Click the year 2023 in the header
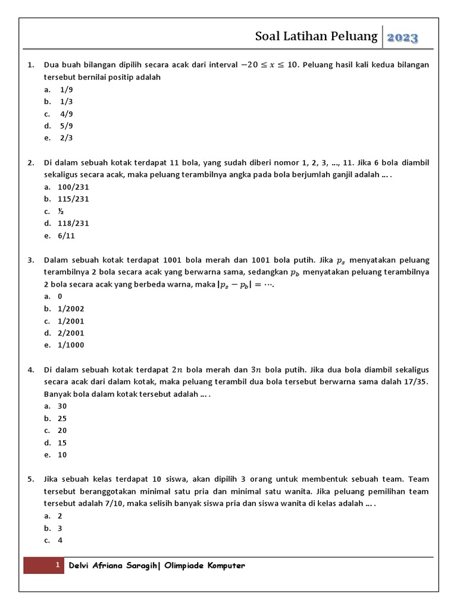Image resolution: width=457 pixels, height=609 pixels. coord(403,38)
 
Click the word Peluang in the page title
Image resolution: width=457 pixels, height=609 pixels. coord(355,37)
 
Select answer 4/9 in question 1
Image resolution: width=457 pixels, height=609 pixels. coord(66,114)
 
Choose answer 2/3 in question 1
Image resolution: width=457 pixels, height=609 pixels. coord(66,138)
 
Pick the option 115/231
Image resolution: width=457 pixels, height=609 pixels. coord(73,199)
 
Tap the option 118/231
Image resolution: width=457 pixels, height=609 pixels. coord(73,224)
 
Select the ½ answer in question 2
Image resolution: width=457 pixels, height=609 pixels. coord(61,211)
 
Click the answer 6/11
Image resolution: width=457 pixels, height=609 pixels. coord(66,236)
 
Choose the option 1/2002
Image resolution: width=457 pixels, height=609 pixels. coord(71,309)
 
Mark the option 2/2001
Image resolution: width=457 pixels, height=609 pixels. coord(71,333)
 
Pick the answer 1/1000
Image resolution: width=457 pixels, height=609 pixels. coord(71,345)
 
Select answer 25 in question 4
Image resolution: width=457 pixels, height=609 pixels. coord(62,419)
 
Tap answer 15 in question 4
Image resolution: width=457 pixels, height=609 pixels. coord(62,443)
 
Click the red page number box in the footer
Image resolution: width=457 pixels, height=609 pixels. coord(44,566)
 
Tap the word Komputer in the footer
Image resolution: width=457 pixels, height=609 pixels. coord(224,566)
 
